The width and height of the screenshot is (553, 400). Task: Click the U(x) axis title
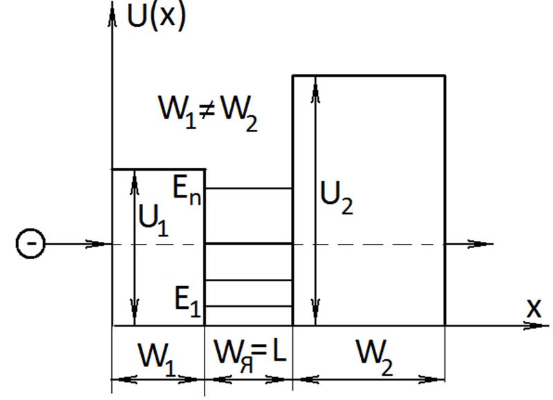(x=156, y=17)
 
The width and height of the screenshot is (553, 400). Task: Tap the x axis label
(x=534, y=309)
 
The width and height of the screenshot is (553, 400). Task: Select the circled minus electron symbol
(x=30, y=244)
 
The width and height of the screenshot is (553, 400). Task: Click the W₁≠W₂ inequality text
(x=208, y=113)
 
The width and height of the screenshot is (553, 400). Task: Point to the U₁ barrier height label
(x=153, y=220)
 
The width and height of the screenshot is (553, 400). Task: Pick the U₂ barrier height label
(x=336, y=198)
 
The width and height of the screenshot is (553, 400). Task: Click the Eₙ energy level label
(x=187, y=191)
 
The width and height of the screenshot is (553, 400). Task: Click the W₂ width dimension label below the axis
(x=374, y=358)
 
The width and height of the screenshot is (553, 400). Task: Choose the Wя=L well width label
(x=250, y=356)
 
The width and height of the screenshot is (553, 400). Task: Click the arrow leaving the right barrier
(x=469, y=244)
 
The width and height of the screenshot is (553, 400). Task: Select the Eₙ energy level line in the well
(x=249, y=189)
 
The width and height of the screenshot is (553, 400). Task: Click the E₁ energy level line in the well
(x=249, y=306)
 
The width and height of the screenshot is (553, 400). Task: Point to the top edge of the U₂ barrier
(x=369, y=75)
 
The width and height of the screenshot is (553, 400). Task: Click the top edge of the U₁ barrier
(x=159, y=169)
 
